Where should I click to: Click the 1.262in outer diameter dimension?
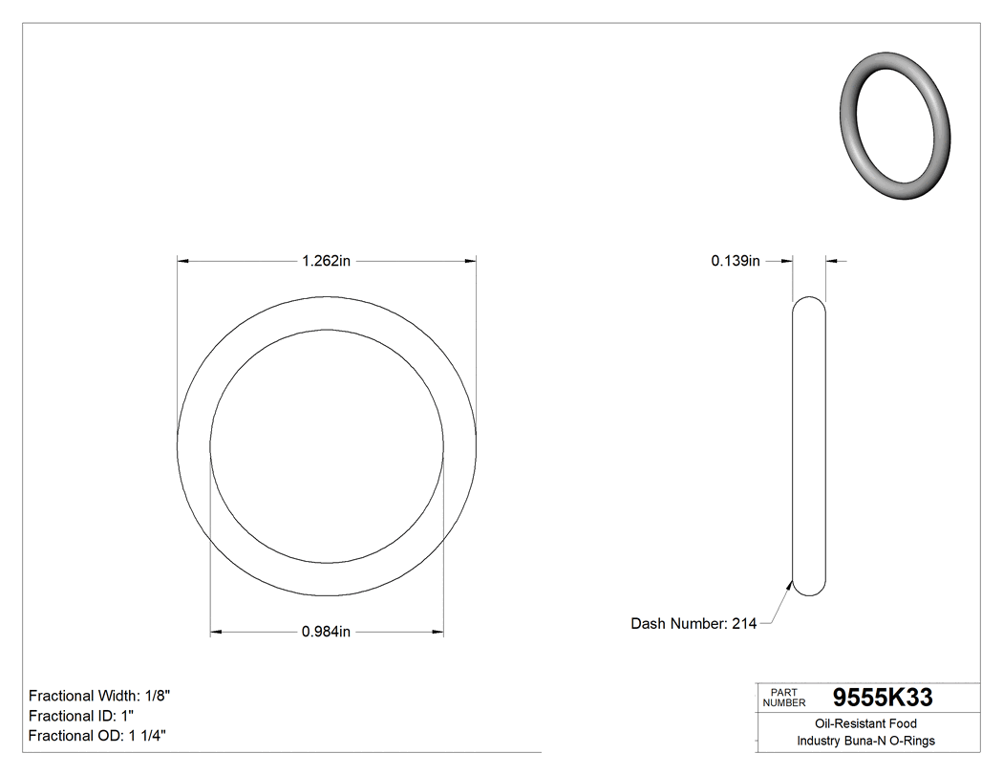tap(327, 260)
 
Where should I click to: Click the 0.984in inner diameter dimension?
tap(327, 632)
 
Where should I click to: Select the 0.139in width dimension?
tap(736, 260)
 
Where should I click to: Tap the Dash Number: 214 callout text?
tap(694, 624)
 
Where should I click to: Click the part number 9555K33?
tap(883, 698)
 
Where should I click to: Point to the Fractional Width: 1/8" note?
tap(100, 696)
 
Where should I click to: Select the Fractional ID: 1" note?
tap(80, 716)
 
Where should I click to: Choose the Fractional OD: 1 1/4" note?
tap(99, 736)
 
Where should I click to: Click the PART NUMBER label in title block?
tap(783, 698)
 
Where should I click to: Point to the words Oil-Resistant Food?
tap(865, 724)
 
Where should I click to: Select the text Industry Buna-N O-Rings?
tap(865, 742)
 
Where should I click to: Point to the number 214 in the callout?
tap(744, 624)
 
